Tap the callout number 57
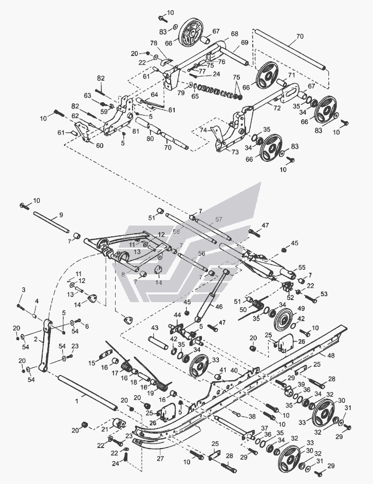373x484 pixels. (x=219, y=219)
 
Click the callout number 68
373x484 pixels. (x=235, y=34)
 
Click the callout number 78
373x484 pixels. (x=153, y=43)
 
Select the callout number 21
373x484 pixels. (x=105, y=428)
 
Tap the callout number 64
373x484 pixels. (x=154, y=95)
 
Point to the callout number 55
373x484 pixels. (x=302, y=267)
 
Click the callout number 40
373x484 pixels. (x=234, y=370)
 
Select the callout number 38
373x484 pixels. (x=252, y=416)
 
